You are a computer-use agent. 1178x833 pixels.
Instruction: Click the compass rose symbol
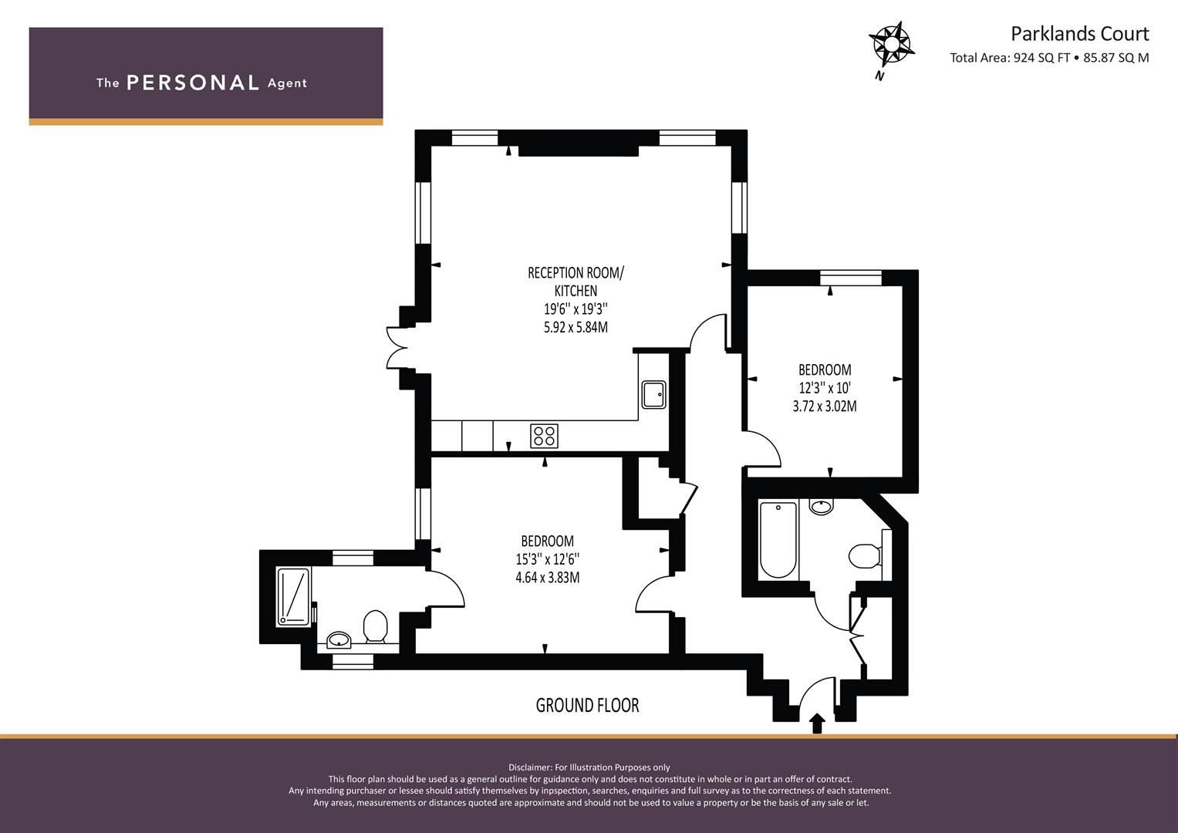pyautogui.click(x=891, y=46)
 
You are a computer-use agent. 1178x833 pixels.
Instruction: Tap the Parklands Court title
pyautogui.click(x=1080, y=34)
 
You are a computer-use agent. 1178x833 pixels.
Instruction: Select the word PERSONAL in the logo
pyautogui.click(x=193, y=83)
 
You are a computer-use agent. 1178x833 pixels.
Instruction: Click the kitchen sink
pyautogui.click(x=653, y=394)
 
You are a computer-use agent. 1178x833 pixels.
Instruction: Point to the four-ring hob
pyautogui.click(x=544, y=436)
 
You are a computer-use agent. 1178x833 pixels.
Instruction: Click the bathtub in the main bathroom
pyautogui.click(x=778, y=540)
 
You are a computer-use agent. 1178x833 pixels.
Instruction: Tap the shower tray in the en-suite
pyautogui.click(x=293, y=597)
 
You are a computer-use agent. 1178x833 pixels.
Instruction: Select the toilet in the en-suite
pyautogui.click(x=376, y=626)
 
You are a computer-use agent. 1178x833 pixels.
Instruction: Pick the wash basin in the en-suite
pyautogui.click(x=339, y=640)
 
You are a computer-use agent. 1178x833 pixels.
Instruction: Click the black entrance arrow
pyautogui.click(x=817, y=723)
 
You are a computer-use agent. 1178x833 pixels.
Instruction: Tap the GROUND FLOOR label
pyautogui.click(x=587, y=705)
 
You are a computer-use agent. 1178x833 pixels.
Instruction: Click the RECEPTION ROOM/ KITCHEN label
pyautogui.click(x=575, y=282)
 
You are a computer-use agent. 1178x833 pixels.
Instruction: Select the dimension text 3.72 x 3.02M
pyautogui.click(x=825, y=406)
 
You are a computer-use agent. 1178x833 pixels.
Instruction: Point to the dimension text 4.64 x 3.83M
pyautogui.click(x=548, y=578)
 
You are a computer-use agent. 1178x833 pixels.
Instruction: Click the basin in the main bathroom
pyautogui.click(x=821, y=507)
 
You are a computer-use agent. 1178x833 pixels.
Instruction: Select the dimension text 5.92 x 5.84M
pyautogui.click(x=575, y=327)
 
